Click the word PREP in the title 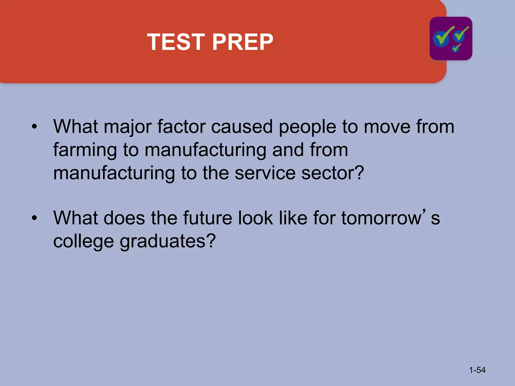point(243,42)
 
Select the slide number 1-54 point(477,370)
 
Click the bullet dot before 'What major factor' point(34,127)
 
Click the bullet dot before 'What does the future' point(34,218)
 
